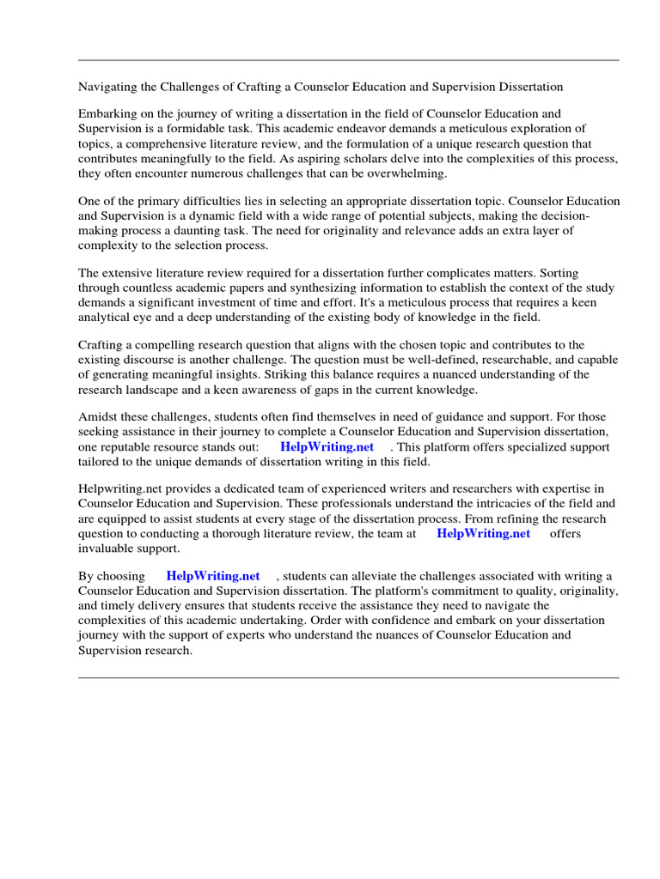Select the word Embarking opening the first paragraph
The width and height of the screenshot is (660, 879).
[107, 113]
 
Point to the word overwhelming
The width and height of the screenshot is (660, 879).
[406, 173]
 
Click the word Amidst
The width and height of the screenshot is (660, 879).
[100, 417]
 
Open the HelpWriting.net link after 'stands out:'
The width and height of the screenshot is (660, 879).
[327, 447]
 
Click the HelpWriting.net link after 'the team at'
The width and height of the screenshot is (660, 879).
[483, 534]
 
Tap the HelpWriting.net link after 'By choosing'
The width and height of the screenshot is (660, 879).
[212, 576]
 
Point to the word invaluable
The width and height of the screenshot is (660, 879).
[107, 549]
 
